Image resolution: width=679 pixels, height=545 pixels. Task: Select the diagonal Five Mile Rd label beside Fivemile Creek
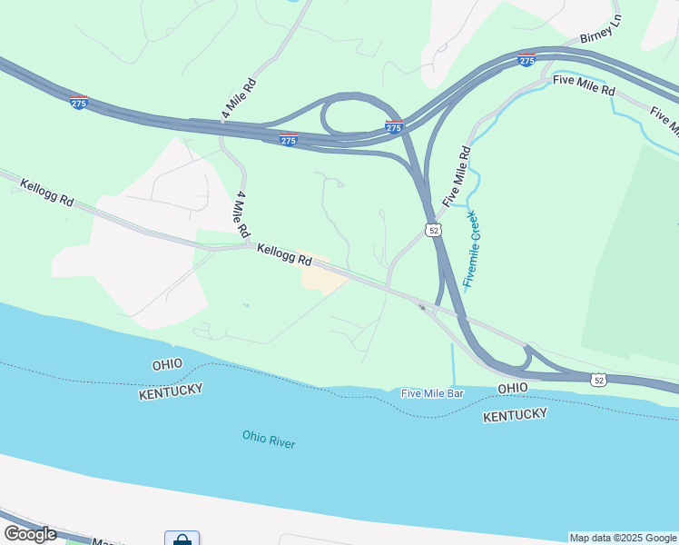[x=457, y=175]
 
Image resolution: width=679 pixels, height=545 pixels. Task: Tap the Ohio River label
[x=269, y=439]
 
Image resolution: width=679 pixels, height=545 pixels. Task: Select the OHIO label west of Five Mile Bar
[x=167, y=364]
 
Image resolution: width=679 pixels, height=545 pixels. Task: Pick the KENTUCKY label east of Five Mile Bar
[x=515, y=415]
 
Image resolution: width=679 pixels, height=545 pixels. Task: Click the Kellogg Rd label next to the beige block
[x=284, y=254]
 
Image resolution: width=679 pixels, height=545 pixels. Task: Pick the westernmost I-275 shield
[x=78, y=103]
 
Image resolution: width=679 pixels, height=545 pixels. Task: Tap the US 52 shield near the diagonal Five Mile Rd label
[x=434, y=231]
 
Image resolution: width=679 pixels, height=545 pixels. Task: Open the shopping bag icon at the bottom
[x=182, y=539]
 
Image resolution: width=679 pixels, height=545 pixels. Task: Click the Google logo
[x=30, y=533]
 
